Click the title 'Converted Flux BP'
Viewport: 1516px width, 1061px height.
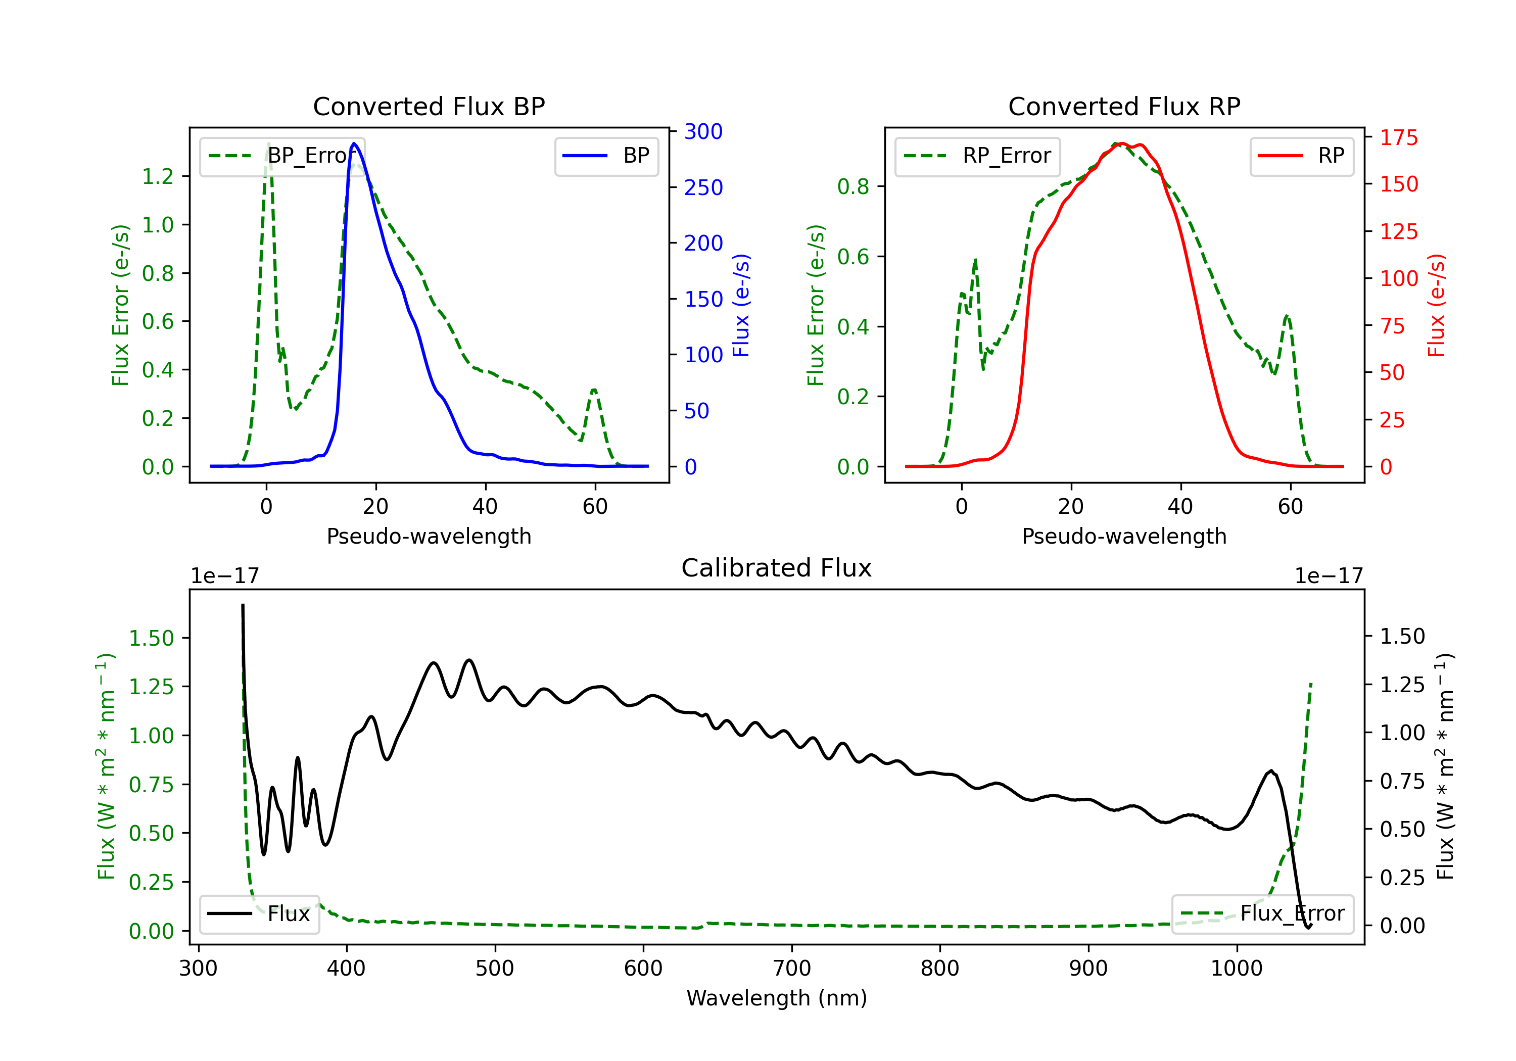tap(429, 106)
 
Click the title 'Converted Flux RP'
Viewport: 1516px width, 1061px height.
tap(1124, 106)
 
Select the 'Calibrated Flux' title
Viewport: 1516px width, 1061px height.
tap(777, 568)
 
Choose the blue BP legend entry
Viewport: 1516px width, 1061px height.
tap(606, 156)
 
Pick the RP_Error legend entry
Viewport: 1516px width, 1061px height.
tap(977, 156)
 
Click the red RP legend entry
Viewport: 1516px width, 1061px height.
tap(1301, 156)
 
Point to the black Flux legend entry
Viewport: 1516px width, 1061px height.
tap(259, 914)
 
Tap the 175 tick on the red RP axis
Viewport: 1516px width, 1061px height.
tap(1398, 137)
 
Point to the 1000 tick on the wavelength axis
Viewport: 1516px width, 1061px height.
tap(1236, 968)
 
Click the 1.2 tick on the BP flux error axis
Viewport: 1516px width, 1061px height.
tap(158, 176)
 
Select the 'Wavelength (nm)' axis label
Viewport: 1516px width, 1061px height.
tap(777, 998)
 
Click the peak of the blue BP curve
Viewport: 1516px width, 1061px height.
tap(355, 143)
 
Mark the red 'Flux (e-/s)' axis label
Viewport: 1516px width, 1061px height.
tap(1436, 306)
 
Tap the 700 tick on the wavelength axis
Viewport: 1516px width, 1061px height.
tap(791, 968)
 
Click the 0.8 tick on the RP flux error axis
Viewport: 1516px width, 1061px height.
tap(853, 187)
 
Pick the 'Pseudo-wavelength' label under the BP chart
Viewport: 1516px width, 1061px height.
tap(429, 536)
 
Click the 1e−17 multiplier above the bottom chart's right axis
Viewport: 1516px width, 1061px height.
tap(1329, 576)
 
